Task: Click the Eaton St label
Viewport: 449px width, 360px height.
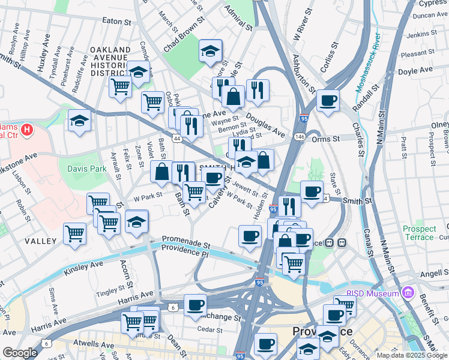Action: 116,21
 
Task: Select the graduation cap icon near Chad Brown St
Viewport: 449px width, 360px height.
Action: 211,52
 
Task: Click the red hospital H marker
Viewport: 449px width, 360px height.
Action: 26,129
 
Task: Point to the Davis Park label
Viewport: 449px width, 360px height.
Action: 86,169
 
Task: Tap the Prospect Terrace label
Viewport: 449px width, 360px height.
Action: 419,233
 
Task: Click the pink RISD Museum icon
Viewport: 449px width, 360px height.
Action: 408,293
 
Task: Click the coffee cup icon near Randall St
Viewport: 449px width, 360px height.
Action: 328,101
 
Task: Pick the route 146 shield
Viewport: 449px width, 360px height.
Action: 298,137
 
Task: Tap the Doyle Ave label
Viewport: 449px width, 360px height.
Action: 415,70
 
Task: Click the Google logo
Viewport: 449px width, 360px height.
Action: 20,353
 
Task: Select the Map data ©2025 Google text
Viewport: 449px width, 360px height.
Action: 412,355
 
